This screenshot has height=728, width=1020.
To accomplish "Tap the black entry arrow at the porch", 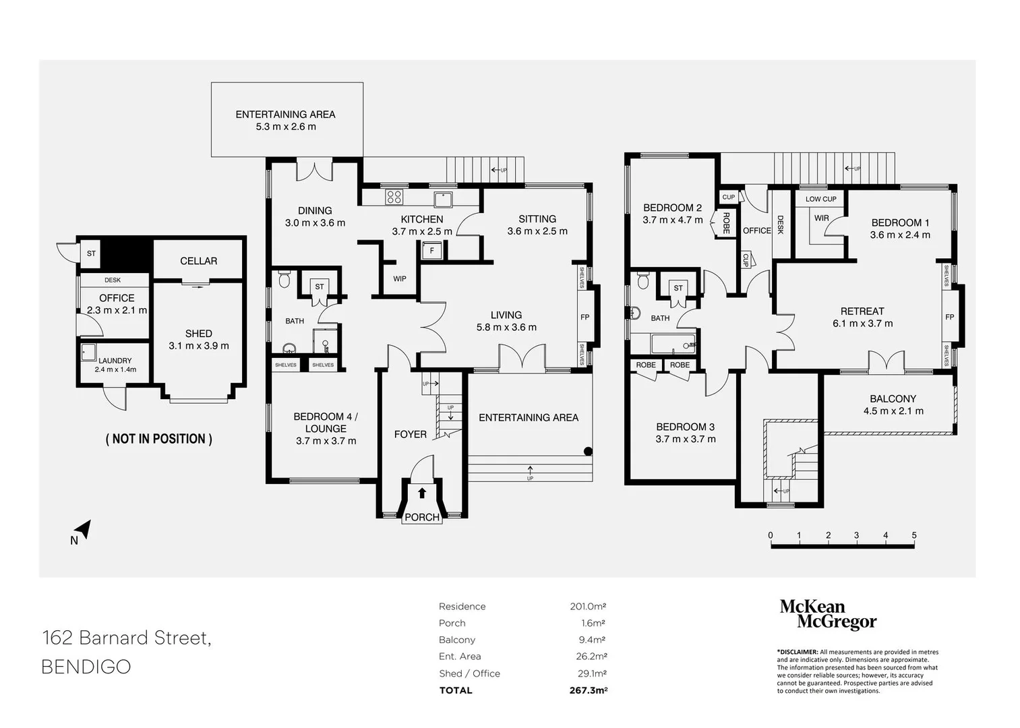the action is (x=421, y=493).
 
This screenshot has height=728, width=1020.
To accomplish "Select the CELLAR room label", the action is (x=198, y=261).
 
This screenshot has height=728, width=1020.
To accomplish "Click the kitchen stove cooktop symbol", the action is (x=394, y=197).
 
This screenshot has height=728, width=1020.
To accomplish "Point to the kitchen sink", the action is (x=443, y=200).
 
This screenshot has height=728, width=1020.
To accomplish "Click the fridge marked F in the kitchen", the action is (x=431, y=250).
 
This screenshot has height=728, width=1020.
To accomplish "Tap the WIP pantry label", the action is (x=399, y=278).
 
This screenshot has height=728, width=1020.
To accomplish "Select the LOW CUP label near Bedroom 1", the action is (x=820, y=199).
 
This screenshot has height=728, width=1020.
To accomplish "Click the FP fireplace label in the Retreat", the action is (x=949, y=317).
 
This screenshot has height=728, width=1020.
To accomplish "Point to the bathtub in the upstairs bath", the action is (x=673, y=344).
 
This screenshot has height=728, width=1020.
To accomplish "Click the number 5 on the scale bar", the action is (x=914, y=535).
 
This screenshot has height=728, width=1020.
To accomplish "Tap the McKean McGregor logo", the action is (x=828, y=614).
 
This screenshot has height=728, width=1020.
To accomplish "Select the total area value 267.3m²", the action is (x=589, y=691).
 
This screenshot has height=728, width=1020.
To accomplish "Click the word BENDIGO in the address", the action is (x=86, y=667).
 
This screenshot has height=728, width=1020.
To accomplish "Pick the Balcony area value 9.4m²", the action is (x=592, y=640).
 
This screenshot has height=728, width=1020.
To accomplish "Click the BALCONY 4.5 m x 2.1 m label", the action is (x=893, y=404).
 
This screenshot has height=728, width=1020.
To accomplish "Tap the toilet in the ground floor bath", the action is (x=284, y=280).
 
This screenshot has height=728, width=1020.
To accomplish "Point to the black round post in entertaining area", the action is (x=588, y=452).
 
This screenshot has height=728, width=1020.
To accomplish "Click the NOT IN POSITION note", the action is (x=159, y=439).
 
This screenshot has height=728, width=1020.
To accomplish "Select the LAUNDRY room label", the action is (x=115, y=361).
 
